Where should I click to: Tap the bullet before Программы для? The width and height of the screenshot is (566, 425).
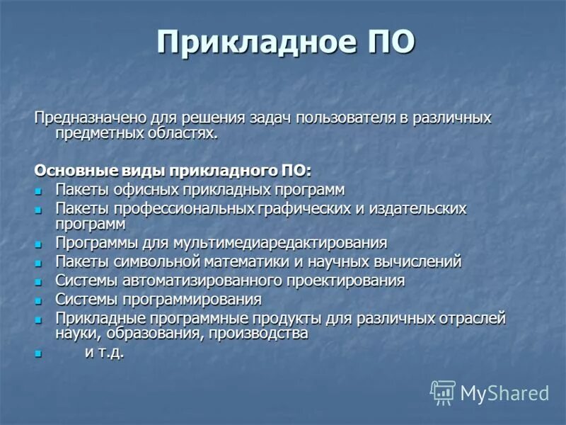[x=40, y=244]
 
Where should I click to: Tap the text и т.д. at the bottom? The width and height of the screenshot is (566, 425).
[x=104, y=352]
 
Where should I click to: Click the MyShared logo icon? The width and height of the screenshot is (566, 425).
[x=442, y=392]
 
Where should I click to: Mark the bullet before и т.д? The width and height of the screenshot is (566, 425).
[x=40, y=353]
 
